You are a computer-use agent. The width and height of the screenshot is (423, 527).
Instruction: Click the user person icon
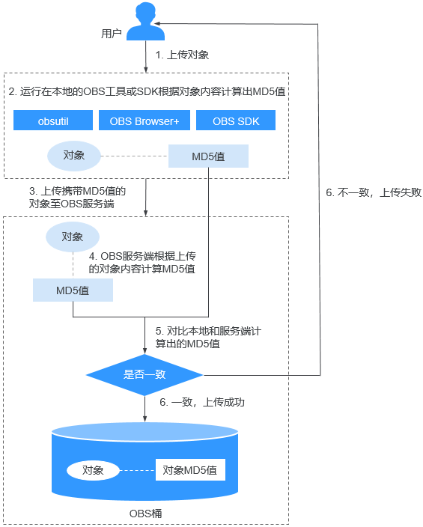point(145,21)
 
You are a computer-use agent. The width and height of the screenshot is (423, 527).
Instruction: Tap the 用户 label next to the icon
point(112,34)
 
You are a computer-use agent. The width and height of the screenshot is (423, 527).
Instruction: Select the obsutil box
point(53,121)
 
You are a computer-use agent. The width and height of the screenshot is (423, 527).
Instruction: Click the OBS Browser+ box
point(144,121)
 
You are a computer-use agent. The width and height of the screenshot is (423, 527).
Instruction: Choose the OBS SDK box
point(236,121)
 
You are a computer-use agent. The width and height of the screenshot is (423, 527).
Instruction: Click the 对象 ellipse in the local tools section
point(74,156)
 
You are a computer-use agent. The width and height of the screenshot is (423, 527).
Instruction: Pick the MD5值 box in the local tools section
point(208,156)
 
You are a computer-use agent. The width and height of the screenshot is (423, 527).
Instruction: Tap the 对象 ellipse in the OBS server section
point(73,237)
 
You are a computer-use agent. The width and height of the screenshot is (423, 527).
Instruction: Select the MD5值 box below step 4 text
point(73,290)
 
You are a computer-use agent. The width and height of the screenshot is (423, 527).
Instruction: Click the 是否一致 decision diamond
point(144,375)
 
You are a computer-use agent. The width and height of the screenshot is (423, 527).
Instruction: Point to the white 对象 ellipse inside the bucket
point(93,470)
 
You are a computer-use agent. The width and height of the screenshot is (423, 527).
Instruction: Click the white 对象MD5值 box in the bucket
point(190,470)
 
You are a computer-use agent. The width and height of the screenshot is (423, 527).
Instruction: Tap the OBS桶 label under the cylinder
point(145,514)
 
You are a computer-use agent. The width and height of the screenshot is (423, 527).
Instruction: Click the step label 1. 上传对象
point(182,55)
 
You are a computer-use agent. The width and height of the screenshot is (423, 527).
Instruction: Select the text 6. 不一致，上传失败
point(374,192)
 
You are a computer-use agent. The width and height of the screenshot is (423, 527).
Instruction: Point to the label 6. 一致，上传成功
point(202,402)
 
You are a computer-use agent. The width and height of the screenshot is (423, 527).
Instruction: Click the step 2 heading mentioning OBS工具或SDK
point(147,91)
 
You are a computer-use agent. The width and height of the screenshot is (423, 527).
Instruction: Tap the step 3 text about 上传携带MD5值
point(77,198)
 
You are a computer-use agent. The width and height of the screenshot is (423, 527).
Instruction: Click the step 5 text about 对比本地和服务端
point(208,338)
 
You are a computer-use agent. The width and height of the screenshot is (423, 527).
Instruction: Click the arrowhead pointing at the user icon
point(157,23)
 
